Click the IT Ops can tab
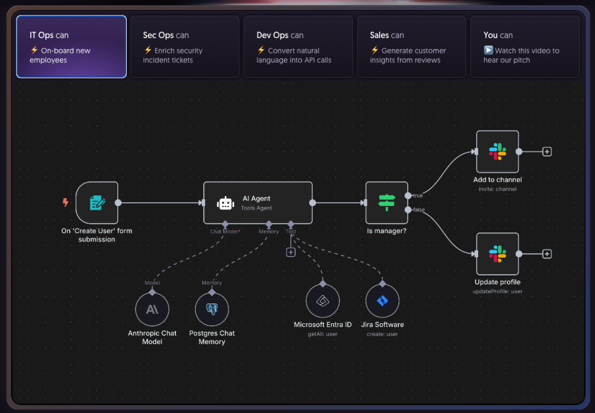click(x=72, y=46)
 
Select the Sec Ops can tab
click(x=185, y=46)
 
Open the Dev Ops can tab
click(x=298, y=46)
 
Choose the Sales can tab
click(x=412, y=46)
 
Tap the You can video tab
click(x=525, y=46)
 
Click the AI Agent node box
click(x=258, y=203)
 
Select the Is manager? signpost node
click(x=387, y=203)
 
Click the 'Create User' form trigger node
click(x=97, y=203)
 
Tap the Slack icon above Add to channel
click(x=497, y=151)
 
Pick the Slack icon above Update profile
click(x=497, y=254)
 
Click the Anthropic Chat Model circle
click(x=152, y=309)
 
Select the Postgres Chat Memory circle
click(x=212, y=309)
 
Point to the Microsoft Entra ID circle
click(x=323, y=301)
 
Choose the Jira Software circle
click(x=382, y=301)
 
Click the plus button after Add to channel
click(x=547, y=151)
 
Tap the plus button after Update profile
click(x=547, y=254)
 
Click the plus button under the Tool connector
click(x=291, y=252)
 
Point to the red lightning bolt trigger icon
click(x=66, y=203)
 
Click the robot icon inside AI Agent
click(x=226, y=203)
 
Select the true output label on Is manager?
click(x=418, y=195)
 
